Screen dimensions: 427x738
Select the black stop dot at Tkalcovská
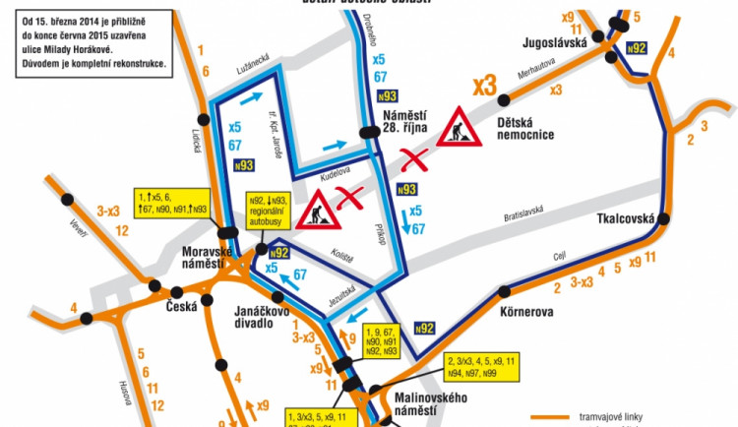664,218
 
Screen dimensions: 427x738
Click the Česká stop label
182,306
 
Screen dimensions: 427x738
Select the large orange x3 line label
483,86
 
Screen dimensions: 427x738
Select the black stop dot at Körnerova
505,290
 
